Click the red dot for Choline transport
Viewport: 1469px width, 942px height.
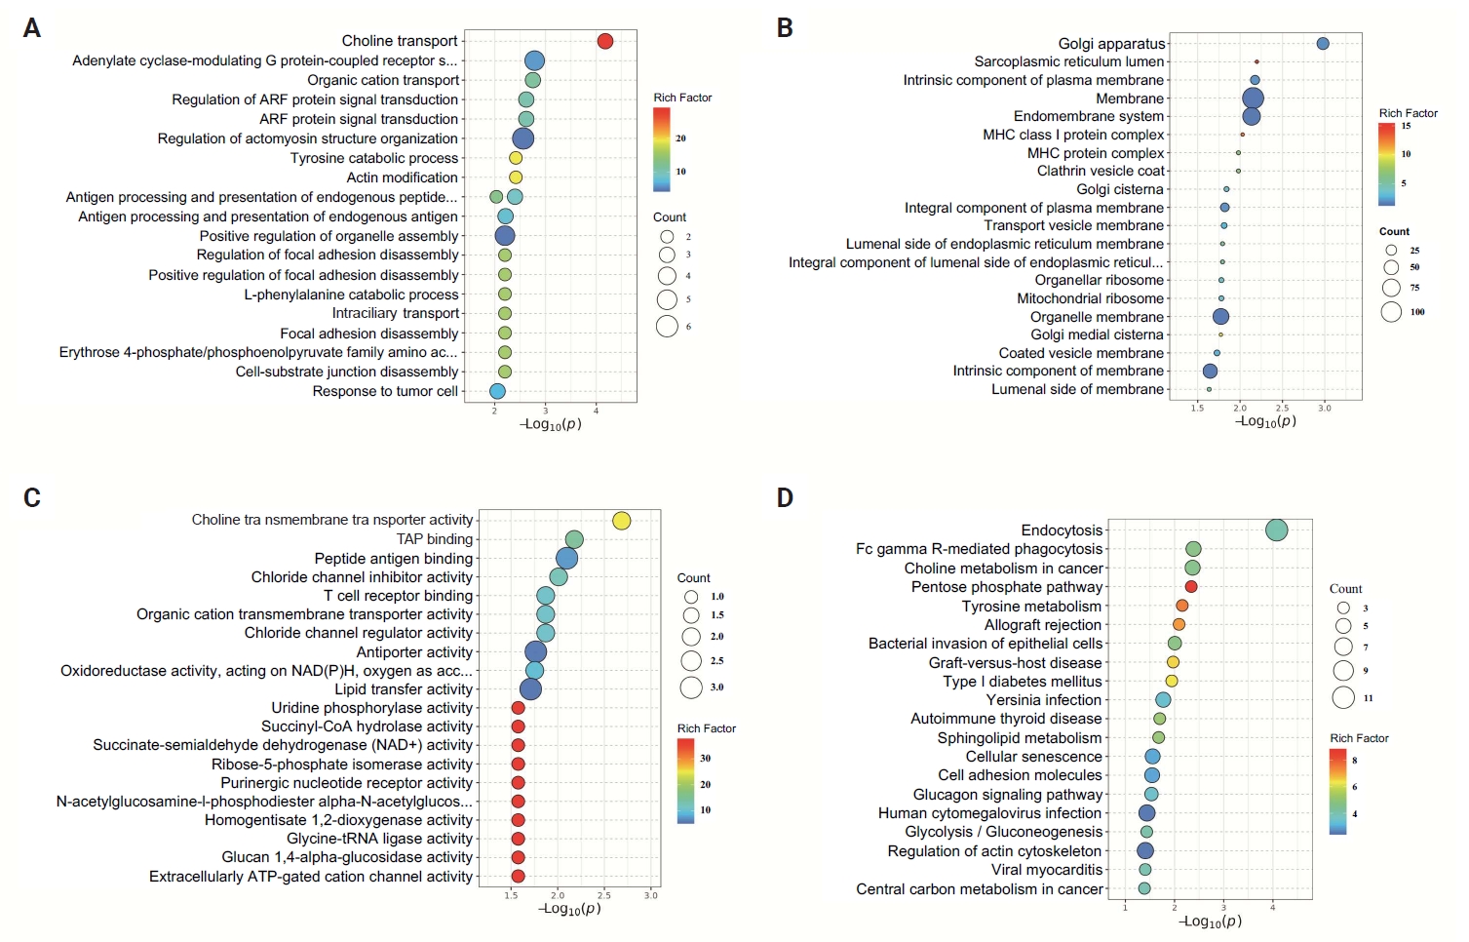tap(604, 41)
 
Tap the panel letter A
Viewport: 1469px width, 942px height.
tap(32, 28)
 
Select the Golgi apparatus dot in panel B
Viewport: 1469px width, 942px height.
tap(1323, 44)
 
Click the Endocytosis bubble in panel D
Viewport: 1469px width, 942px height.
tap(1276, 530)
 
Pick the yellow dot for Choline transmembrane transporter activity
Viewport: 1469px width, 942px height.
tap(622, 521)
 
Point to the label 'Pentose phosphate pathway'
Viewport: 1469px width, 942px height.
tap(1007, 587)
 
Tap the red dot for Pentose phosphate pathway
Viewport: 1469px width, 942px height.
tap(1191, 587)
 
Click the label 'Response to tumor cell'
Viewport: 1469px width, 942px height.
tap(385, 391)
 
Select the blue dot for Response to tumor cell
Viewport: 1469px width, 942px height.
tap(497, 391)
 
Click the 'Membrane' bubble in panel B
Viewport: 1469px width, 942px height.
tap(1253, 98)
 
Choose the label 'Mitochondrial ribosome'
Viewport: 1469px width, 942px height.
tap(1090, 298)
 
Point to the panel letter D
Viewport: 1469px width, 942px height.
tap(785, 498)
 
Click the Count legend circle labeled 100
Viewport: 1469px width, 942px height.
tap(1391, 312)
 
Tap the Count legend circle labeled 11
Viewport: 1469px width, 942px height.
tap(1343, 698)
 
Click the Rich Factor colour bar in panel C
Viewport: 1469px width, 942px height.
tap(686, 781)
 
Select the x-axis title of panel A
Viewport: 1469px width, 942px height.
tap(551, 424)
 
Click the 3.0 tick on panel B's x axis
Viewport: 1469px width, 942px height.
tap(1324, 408)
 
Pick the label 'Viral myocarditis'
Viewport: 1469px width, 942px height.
tap(1047, 870)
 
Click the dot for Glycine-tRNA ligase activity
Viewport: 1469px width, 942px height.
tap(518, 839)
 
